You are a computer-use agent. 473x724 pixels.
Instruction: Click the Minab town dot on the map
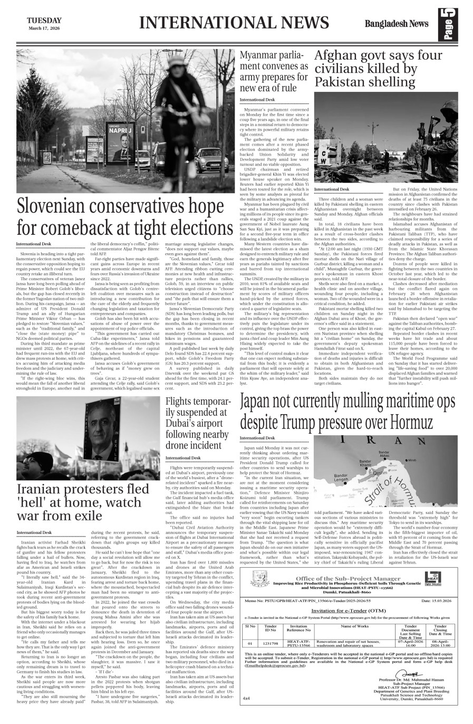pos(408,460)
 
